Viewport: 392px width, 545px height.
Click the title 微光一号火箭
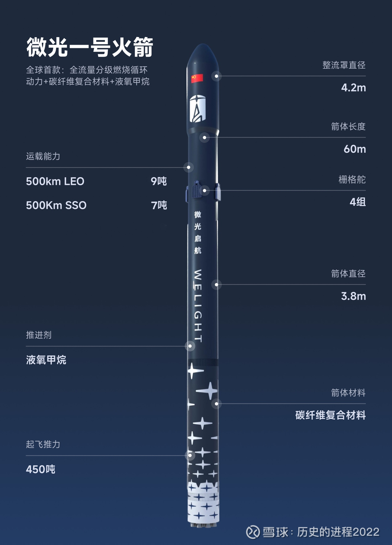pos(90,47)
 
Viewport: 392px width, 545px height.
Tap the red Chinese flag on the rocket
pos(197,78)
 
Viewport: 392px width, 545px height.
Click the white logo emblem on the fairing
pos(197,108)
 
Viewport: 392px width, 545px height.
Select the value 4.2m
pos(353,88)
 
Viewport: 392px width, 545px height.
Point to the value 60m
pos(355,149)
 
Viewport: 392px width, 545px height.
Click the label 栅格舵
pos(352,179)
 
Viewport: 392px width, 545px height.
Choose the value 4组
pos(357,202)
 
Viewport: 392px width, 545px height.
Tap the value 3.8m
pos(353,296)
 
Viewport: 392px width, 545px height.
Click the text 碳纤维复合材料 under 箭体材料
pos(331,415)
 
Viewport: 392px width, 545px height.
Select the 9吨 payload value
pos(159,181)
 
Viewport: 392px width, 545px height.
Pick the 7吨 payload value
pos(159,205)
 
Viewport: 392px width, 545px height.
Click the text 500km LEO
pos(55,182)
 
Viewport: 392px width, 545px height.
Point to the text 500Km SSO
pos(56,206)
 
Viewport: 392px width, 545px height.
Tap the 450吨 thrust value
pos(41,470)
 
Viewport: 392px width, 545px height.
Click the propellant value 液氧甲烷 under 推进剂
pos(46,360)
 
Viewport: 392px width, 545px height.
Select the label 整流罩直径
pos(344,65)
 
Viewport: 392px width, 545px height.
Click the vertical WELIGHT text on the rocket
pos(198,306)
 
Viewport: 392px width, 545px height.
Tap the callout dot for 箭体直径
pos(217,285)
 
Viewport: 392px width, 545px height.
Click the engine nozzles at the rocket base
pos(203,524)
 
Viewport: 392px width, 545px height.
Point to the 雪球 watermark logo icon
pos(253,532)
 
